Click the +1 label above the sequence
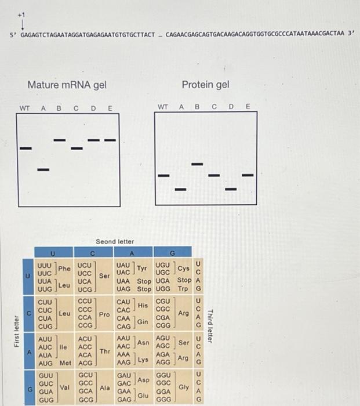22,12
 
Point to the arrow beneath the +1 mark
22,24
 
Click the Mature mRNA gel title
67,85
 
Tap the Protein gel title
205,85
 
